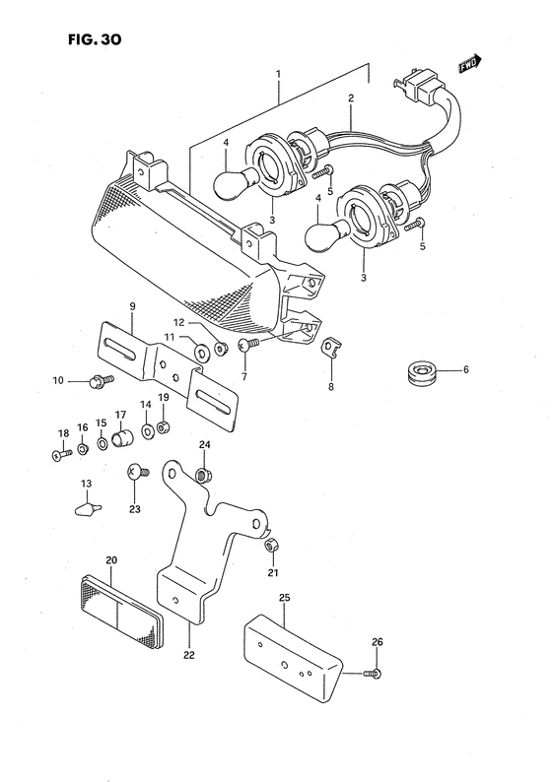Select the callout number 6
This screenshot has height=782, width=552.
(x=466, y=370)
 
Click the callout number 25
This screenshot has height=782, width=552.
(x=284, y=597)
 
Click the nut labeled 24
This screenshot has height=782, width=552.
(x=201, y=477)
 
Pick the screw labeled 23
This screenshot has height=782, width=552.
(x=137, y=474)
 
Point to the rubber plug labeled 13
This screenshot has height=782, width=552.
(x=88, y=508)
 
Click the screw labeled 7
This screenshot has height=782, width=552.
(x=249, y=343)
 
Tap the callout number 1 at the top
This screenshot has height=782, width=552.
(x=278, y=74)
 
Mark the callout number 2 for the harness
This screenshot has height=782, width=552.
(x=350, y=98)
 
